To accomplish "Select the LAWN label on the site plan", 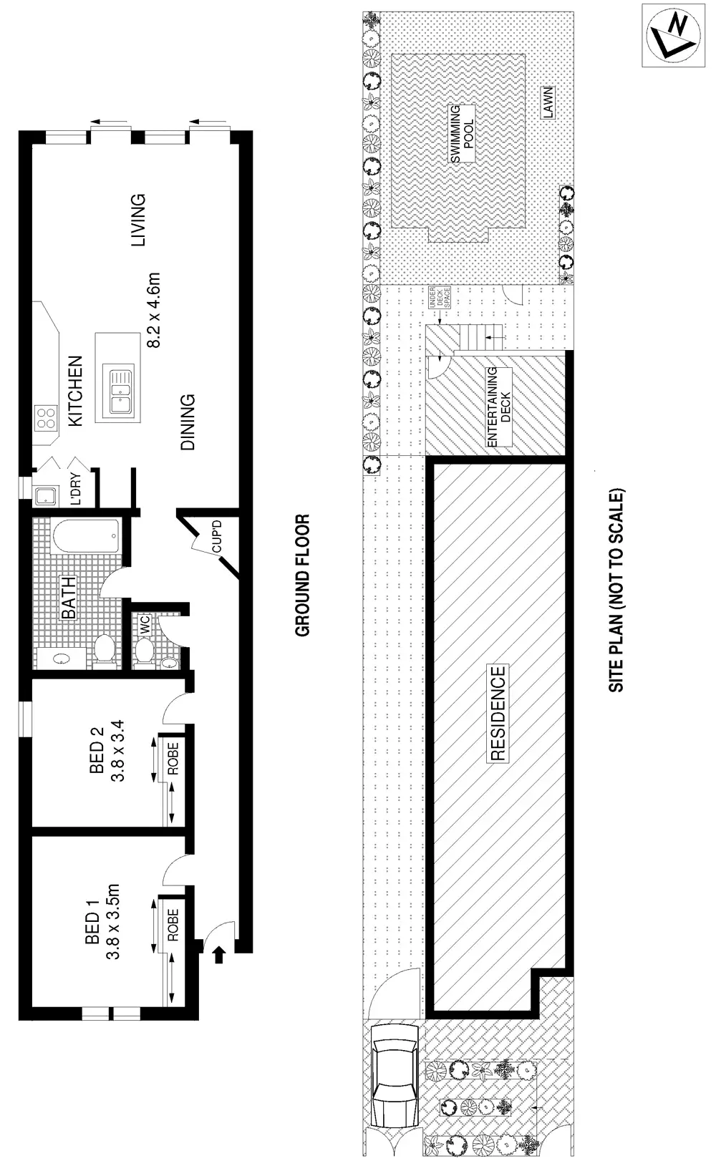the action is point(548,103).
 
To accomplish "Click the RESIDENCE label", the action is point(498,713).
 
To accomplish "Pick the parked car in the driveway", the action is point(395,1082).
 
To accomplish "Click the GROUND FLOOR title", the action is point(303,575).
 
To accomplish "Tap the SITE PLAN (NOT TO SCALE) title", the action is point(616,590).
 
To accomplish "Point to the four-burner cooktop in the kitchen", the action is point(47,418).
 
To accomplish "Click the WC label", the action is point(145,624).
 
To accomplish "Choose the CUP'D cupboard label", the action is point(216,536).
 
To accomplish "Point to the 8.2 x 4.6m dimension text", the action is point(155,309).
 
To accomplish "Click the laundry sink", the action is point(47,495).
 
